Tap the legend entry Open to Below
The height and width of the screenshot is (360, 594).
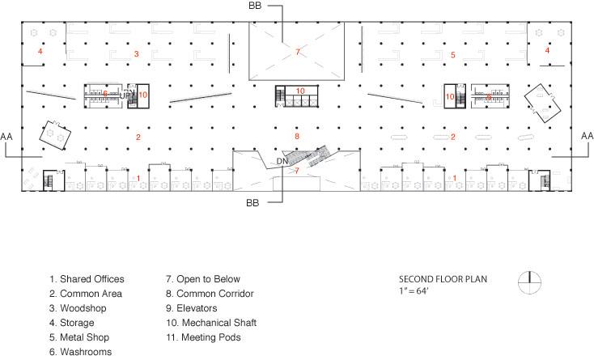(202, 279)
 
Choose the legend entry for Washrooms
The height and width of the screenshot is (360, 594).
(80, 351)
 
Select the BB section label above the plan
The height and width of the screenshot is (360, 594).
(256, 6)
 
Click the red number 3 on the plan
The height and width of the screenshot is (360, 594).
(137, 54)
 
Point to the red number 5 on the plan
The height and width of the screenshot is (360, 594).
(453, 54)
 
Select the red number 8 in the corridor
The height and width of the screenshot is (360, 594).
(297, 136)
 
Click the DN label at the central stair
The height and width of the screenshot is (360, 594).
(282, 161)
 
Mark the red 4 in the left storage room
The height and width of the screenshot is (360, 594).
(39, 51)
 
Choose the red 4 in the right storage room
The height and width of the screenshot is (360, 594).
(547, 50)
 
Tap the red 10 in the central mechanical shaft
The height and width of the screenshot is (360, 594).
(300, 91)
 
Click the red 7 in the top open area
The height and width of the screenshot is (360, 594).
(297, 51)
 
